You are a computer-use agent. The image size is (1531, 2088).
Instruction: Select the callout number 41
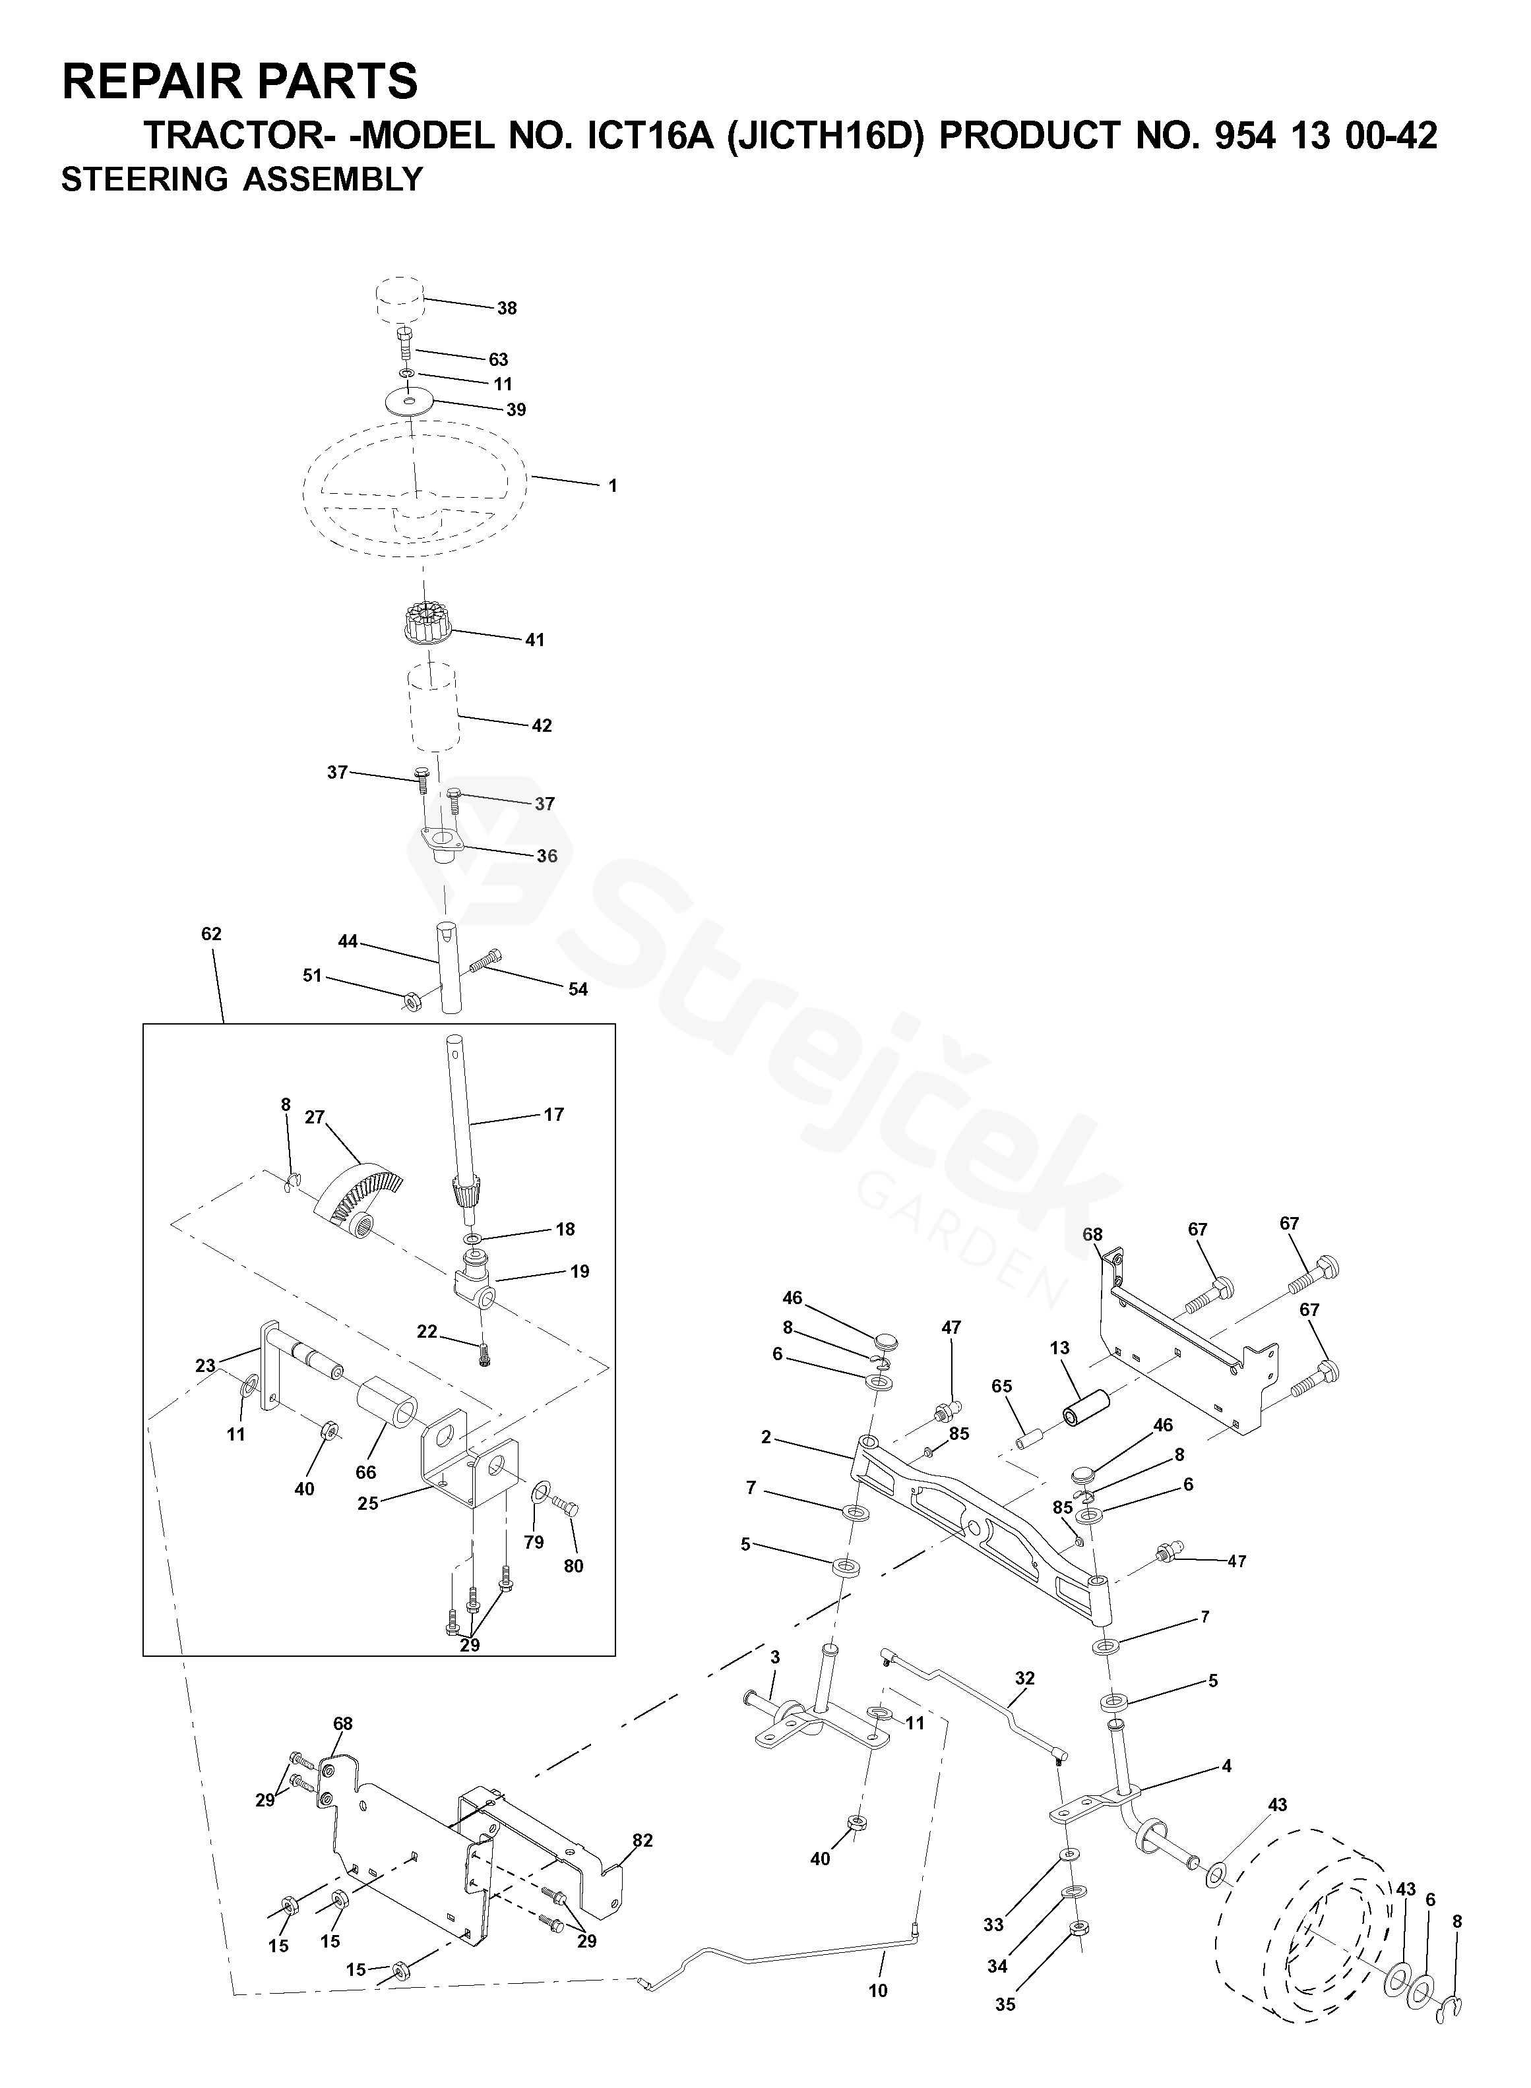pos(535,640)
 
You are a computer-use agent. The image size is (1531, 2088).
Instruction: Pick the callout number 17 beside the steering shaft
pos(553,1114)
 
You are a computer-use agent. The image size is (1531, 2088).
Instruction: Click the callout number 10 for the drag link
pos(878,1990)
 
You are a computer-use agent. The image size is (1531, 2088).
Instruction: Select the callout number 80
pos(574,1566)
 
